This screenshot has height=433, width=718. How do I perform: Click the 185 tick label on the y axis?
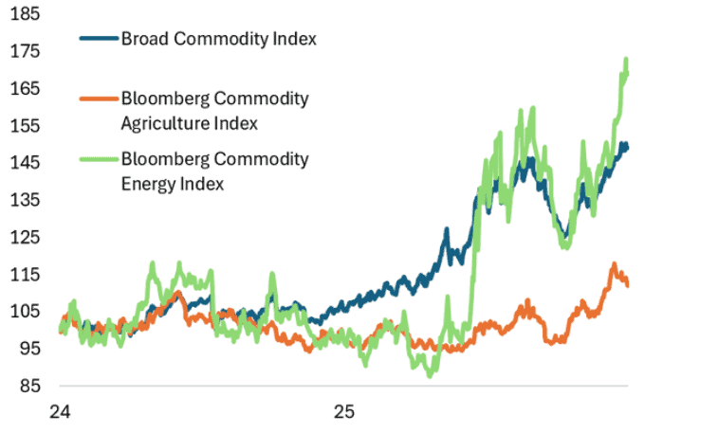tap(26, 13)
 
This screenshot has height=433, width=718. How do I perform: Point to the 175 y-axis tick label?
tap(26, 51)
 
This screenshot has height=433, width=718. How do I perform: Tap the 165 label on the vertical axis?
tap(26, 88)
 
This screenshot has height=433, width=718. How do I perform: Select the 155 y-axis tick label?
tap(26, 125)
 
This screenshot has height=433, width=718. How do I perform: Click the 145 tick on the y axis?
tap(26, 162)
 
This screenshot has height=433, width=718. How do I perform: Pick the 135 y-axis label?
tap(26, 200)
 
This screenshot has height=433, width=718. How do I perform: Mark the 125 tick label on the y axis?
tap(26, 237)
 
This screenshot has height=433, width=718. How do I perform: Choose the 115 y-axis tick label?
tap(26, 275)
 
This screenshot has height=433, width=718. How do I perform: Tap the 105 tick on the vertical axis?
tap(26, 312)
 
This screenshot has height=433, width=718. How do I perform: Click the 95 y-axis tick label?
tap(29, 349)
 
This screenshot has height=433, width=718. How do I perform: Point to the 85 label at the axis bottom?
tap(29, 386)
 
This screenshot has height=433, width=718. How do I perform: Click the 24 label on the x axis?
tap(60, 412)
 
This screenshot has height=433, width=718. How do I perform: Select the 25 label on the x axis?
tap(344, 412)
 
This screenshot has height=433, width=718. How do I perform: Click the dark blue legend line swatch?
tap(99, 39)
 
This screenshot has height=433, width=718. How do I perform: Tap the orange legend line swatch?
tap(99, 99)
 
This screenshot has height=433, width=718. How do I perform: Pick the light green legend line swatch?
tap(99, 159)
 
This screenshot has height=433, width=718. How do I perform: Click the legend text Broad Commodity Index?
tap(219, 39)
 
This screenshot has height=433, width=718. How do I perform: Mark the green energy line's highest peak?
tap(626, 59)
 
